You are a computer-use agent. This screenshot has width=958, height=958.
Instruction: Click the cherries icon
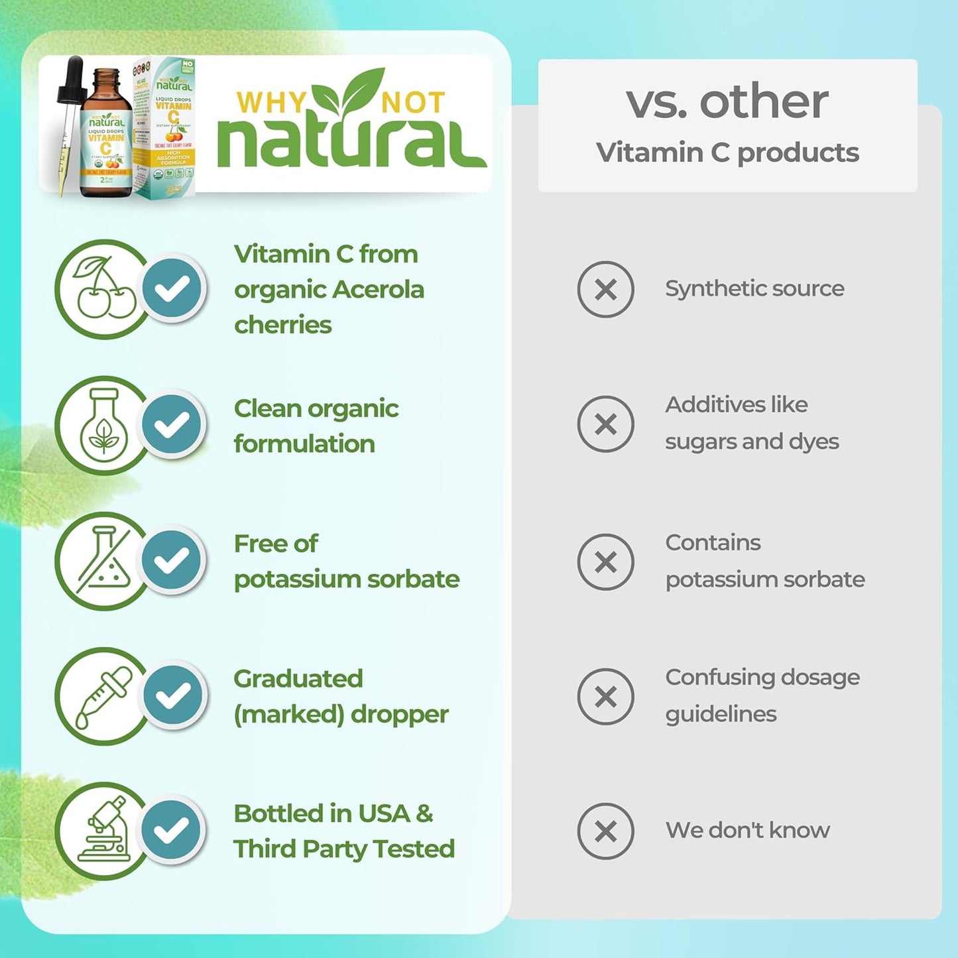(x=103, y=289)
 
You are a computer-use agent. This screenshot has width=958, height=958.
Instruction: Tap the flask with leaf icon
(x=103, y=425)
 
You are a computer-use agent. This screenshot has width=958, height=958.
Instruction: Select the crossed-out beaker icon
(x=103, y=560)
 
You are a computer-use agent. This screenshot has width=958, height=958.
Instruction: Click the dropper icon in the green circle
(x=103, y=696)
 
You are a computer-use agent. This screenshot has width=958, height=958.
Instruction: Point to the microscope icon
(x=103, y=831)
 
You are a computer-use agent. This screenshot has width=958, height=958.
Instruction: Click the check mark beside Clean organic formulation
(x=172, y=425)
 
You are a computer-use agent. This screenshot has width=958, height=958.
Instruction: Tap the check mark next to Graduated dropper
(x=172, y=695)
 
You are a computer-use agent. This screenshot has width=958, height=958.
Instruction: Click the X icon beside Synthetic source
(x=605, y=289)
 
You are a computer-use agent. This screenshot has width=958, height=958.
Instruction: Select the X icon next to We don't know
(x=605, y=831)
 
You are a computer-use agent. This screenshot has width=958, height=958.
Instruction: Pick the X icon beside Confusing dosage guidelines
(x=605, y=696)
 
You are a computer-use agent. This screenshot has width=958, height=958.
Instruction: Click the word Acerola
(x=378, y=290)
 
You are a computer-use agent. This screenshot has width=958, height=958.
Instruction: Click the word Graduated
(x=298, y=679)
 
